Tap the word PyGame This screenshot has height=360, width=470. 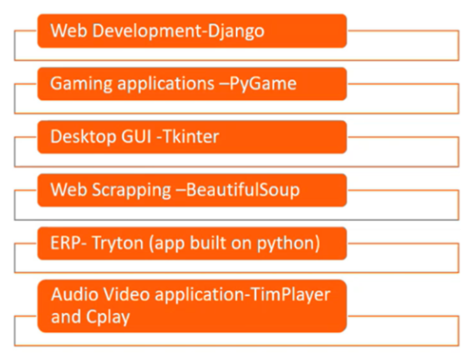click(263, 84)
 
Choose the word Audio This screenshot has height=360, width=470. click(72, 294)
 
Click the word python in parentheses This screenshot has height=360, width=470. click(288, 243)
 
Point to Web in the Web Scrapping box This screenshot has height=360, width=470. click(65, 190)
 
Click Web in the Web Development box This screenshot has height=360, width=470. click(65, 31)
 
